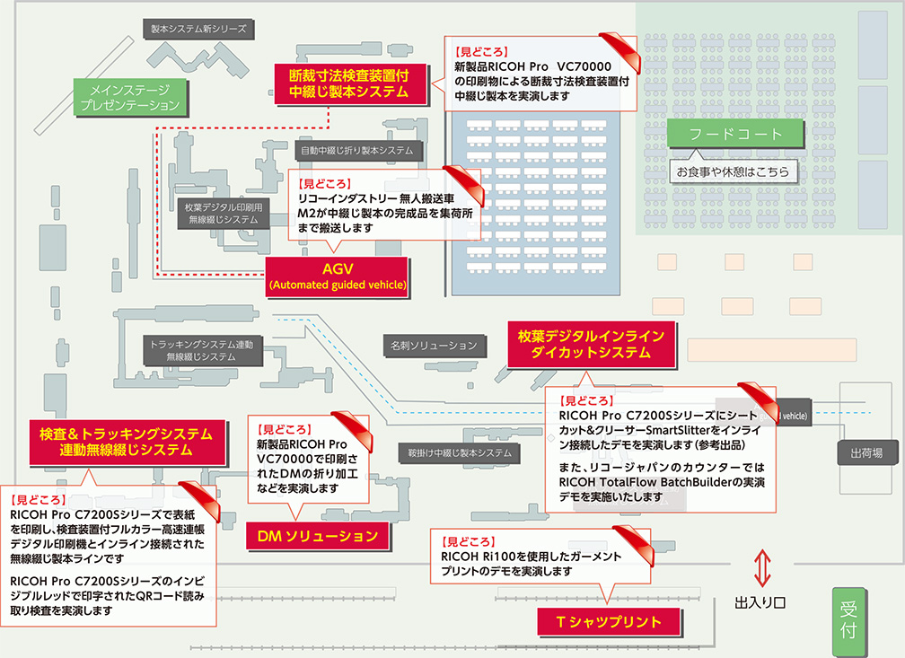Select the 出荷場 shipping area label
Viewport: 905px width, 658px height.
pos(866,453)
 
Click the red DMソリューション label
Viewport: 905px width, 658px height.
pos(317,537)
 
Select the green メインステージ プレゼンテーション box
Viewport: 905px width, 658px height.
pos(130,98)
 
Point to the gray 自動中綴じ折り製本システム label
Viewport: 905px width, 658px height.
pos(356,150)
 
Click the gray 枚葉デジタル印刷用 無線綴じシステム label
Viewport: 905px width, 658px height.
pos(224,213)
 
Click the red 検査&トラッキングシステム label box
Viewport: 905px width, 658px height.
pos(126,441)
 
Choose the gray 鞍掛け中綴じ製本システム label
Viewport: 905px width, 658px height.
pos(459,452)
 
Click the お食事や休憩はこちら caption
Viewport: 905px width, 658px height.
pos(732,171)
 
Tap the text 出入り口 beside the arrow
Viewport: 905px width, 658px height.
pos(760,601)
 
